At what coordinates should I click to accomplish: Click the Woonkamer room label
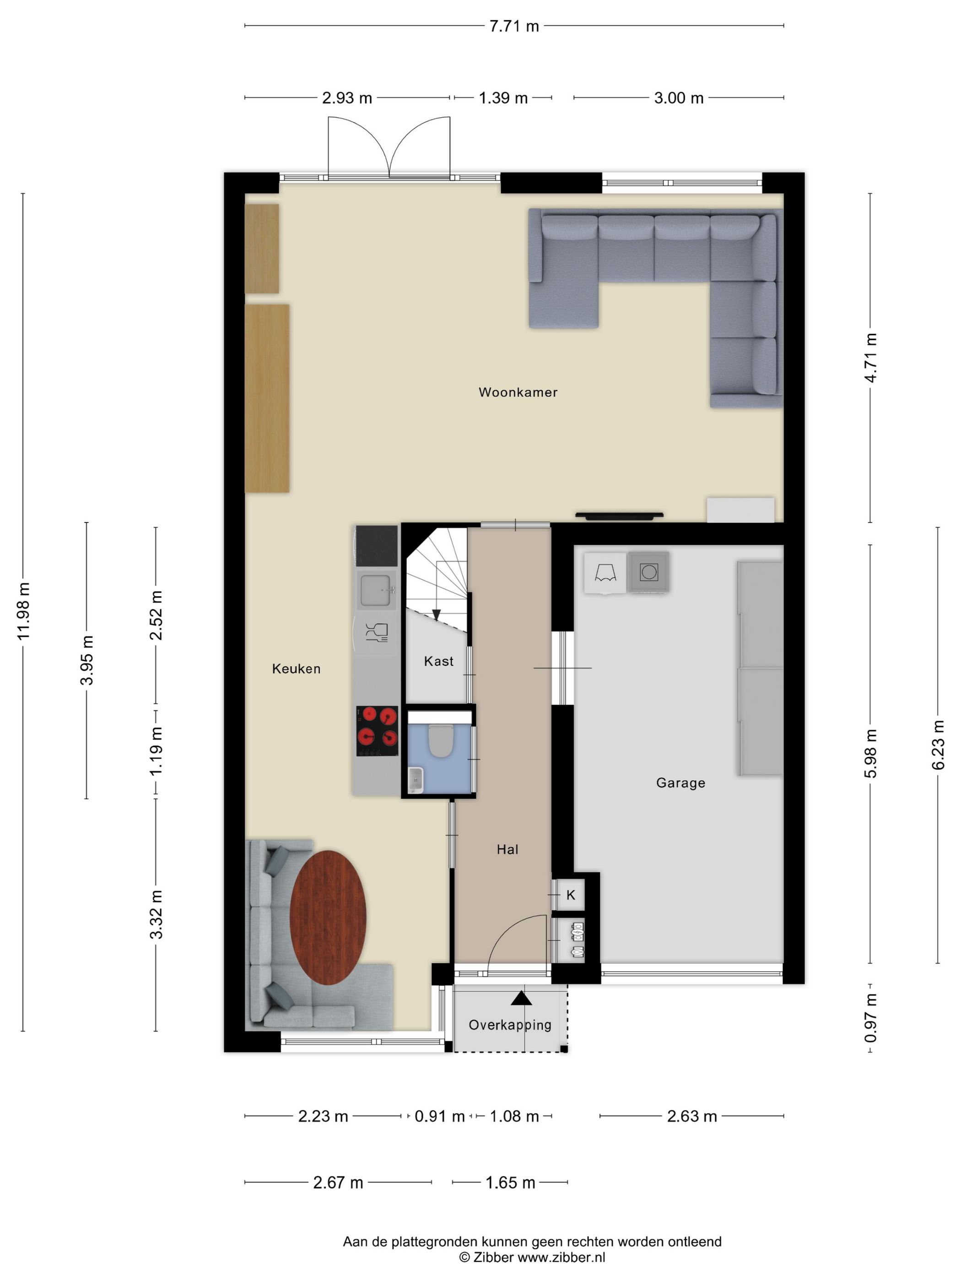click(x=518, y=392)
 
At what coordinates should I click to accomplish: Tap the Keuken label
click(x=296, y=669)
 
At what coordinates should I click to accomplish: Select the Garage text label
click(x=680, y=783)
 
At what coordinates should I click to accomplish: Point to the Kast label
click(x=438, y=661)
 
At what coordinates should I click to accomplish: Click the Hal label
click(x=507, y=850)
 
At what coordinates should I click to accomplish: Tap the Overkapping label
click(x=510, y=1025)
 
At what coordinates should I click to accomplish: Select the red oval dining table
click(x=328, y=918)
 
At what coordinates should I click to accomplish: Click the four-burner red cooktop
click(x=377, y=731)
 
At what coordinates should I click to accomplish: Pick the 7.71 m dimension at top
click(x=514, y=26)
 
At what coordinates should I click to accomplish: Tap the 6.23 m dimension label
click(x=938, y=745)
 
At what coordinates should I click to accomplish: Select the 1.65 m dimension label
click(x=510, y=1183)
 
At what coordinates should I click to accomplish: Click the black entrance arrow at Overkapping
click(x=521, y=998)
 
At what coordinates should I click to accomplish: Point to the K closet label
click(x=571, y=896)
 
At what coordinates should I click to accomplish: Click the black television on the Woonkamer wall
click(x=619, y=514)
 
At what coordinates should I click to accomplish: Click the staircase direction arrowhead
click(x=437, y=615)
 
